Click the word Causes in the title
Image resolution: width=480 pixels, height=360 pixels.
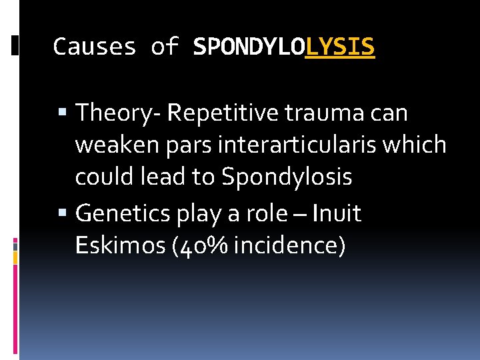pos(94,47)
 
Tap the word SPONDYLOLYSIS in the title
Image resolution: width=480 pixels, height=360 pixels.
pos(284,47)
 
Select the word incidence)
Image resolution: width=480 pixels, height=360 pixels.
pos(290,246)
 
